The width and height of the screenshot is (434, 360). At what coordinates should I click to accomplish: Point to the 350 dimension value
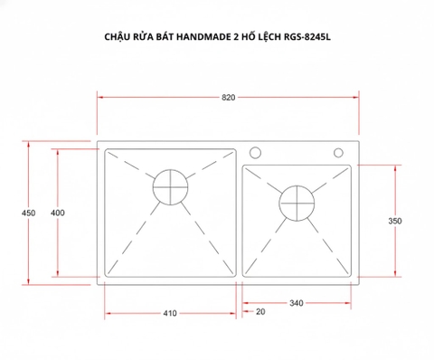(x=395, y=221)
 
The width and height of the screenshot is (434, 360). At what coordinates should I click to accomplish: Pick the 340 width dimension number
(x=296, y=304)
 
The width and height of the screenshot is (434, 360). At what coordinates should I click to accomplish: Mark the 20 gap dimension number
(x=261, y=312)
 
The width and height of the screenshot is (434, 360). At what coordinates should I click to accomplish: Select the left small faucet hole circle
(x=255, y=151)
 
